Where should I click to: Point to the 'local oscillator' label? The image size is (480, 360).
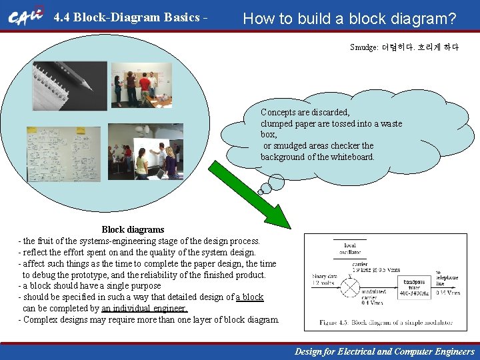point(350,248)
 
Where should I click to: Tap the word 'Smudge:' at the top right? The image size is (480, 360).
point(363,47)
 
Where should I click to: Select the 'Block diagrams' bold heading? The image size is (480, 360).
point(133,229)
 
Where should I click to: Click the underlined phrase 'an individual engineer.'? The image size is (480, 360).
point(144,308)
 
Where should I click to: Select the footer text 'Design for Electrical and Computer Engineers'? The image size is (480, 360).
point(385,351)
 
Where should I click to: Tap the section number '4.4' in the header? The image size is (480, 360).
point(62,17)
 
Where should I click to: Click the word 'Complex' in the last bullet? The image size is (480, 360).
point(40,319)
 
